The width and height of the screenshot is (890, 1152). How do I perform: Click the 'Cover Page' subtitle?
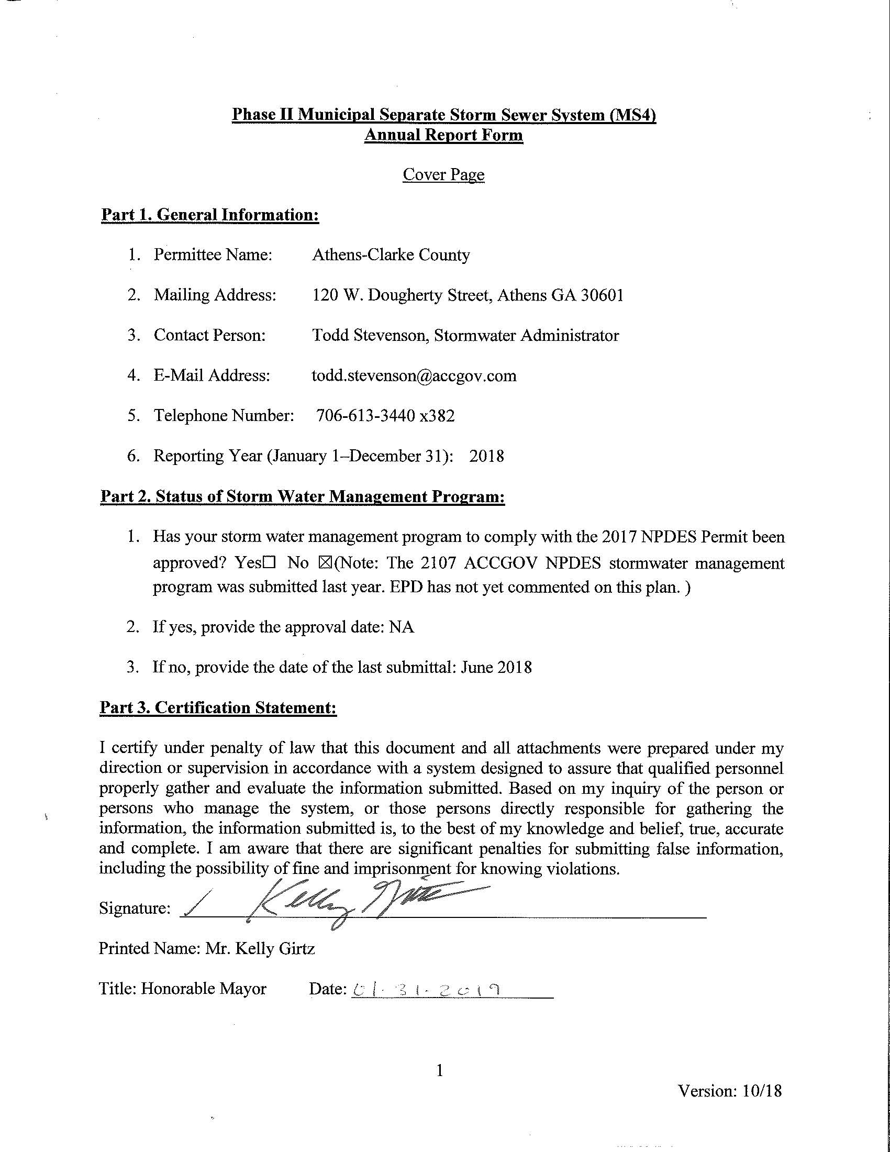(x=443, y=174)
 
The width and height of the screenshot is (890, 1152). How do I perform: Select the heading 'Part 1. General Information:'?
(x=210, y=215)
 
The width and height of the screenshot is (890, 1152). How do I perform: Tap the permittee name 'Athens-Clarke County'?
(x=391, y=255)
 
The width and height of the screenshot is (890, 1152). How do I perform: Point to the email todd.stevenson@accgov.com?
(x=414, y=375)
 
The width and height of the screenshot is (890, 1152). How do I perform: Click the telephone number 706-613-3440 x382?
(x=385, y=416)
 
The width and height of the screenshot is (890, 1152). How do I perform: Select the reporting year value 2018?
(x=486, y=456)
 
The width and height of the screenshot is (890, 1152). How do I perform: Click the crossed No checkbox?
(x=324, y=563)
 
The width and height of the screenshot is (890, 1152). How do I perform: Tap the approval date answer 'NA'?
(x=402, y=627)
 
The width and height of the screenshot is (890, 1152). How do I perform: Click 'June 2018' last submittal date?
(x=496, y=667)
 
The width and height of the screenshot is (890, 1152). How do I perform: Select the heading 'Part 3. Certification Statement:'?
(x=218, y=707)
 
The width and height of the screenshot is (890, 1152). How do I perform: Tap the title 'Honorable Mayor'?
(x=204, y=989)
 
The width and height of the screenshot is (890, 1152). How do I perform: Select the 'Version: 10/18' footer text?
(x=730, y=1090)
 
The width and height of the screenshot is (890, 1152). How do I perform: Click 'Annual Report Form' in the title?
(x=443, y=135)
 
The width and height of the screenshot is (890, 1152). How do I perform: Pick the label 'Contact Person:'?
(x=209, y=335)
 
